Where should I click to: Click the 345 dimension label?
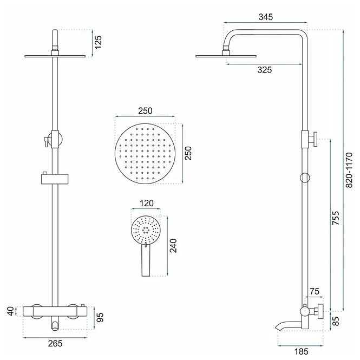point(266,17)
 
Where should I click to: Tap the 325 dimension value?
point(265,70)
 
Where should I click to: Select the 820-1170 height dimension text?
point(349,170)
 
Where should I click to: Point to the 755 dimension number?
point(336,218)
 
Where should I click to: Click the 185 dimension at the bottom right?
point(301,351)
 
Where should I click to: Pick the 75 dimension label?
point(315,291)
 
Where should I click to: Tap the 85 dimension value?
point(336,321)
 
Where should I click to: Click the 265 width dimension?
point(55,343)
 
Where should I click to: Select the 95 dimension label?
point(100,318)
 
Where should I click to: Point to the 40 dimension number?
point(11,311)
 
